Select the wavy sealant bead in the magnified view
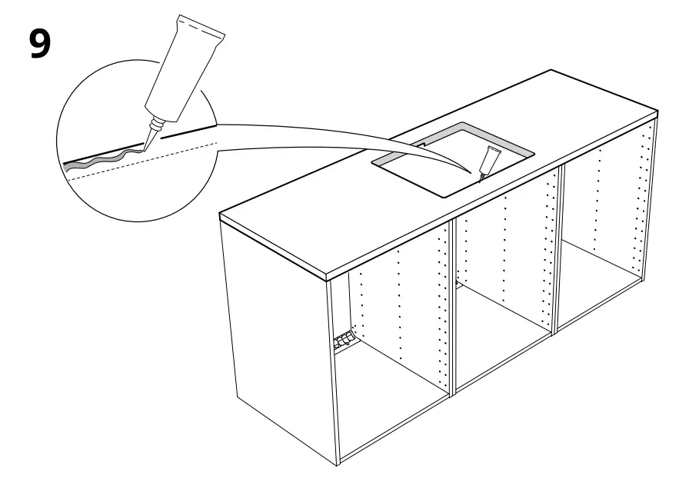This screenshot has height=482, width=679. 108,160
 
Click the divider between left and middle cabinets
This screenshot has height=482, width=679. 454,307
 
